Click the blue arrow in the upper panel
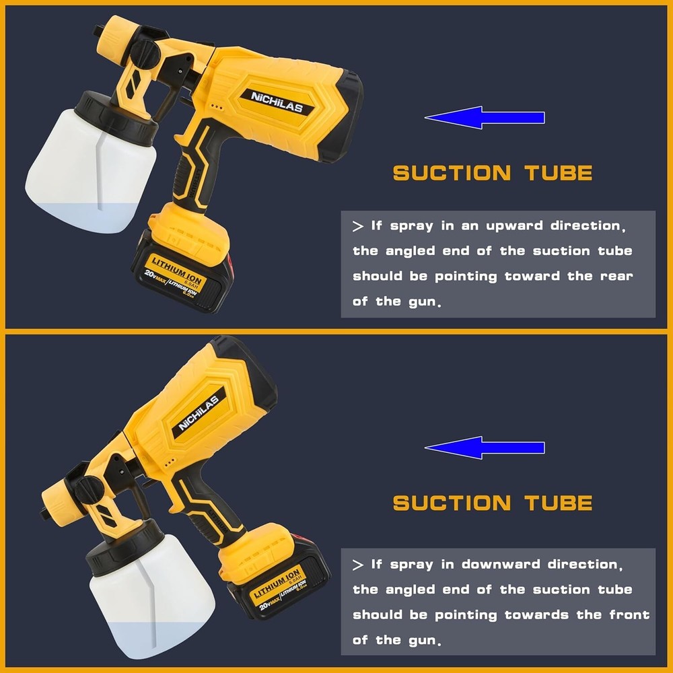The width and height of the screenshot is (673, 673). pyautogui.click(x=485, y=117)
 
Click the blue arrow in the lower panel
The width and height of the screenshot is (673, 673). pyautogui.click(x=485, y=448)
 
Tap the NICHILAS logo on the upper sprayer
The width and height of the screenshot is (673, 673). pyautogui.click(x=277, y=102)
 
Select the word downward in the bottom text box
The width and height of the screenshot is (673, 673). pyautogui.click(x=501, y=564)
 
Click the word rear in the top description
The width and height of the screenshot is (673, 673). pyautogui.click(x=616, y=277)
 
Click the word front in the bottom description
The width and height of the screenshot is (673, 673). pyautogui.click(x=629, y=614)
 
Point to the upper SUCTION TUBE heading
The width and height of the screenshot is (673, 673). pyautogui.click(x=493, y=173)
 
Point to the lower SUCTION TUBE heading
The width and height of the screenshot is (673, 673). pyautogui.click(x=493, y=503)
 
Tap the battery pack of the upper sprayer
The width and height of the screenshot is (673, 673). pyautogui.click(x=182, y=271)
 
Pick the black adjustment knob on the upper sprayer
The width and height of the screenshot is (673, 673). pyautogui.click(x=145, y=53)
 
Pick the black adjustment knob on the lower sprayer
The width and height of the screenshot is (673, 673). pyautogui.click(x=90, y=490)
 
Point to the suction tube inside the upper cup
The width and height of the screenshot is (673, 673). pyautogui.click(x=99, y=172)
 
